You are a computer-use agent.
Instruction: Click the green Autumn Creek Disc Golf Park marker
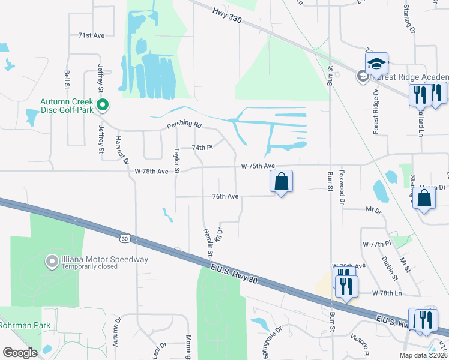click(x=103, y=106)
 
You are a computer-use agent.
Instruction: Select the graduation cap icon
click(x=376, y=64)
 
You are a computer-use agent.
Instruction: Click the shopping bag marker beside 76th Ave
click(x=281, y=181)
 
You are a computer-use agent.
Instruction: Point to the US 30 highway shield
click(x=124, y=238)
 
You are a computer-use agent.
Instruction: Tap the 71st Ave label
click(x=91, y=36)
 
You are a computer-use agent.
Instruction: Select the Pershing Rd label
click(x=184, y=124)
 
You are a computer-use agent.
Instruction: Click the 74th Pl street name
click(x=202, y=148)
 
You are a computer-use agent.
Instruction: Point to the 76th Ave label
click(x=225, y=196)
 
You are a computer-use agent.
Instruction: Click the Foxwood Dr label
click(x=340, y=191)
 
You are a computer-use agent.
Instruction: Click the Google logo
click(x=20, y=353)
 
